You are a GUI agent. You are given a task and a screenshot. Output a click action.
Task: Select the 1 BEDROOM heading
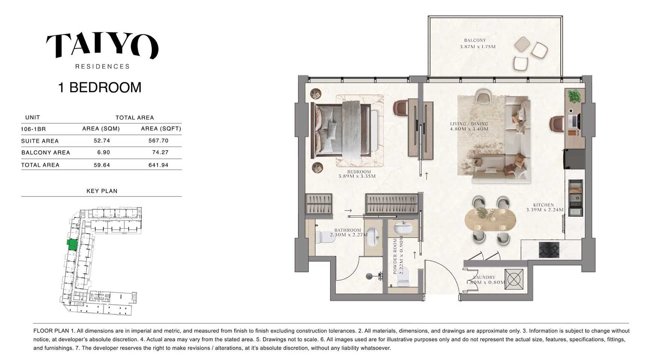[x=100, y=87]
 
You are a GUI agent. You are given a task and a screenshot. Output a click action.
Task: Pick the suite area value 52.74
[x=102, y=140]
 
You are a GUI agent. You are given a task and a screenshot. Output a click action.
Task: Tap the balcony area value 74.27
[x=160, y=152]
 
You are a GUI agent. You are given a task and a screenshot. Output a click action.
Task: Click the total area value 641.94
[x=158, y=165]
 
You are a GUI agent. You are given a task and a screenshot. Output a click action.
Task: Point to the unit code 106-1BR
[x=33, y=129]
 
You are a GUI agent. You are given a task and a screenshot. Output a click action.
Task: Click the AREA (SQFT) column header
[x=161, y=129]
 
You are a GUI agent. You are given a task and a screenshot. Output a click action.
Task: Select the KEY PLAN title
[x=102, y=191]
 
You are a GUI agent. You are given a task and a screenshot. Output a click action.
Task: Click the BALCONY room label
[x=475, y=40]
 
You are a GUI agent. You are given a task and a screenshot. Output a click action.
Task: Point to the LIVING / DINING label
[x=469, y=124]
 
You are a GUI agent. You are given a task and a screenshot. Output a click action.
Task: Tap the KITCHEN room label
[x=544, y=205]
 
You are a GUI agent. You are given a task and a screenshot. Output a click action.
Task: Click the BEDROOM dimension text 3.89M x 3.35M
[x=357, y=176]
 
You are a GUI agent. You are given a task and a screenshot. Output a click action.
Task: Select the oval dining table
[x=490, y=219]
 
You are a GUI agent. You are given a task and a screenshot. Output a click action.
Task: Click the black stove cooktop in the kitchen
[x=549, y=250]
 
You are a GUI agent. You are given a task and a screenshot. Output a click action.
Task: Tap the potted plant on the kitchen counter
[x=574, y=96]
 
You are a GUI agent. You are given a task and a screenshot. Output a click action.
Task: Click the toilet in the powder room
[x=403, y=277]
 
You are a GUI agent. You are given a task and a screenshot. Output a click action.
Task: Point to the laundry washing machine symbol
[x=514, y=280]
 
